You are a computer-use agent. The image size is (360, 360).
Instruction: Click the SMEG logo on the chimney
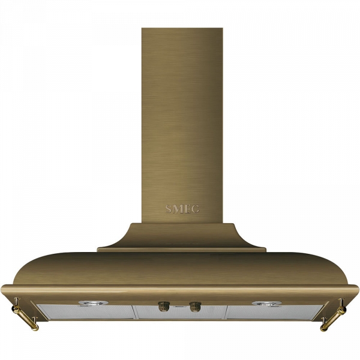point(182,209)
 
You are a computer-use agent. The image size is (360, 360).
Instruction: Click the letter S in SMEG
point(168,209)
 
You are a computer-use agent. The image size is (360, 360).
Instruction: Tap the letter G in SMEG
point(196,209)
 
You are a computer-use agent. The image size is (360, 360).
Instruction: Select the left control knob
point(164,307)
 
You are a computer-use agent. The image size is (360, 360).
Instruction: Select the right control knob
point(195,307)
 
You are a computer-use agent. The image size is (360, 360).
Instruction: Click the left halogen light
point(94,303)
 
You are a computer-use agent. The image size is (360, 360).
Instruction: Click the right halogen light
point(266,303)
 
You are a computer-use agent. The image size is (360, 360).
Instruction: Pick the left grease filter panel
point(86,312)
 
